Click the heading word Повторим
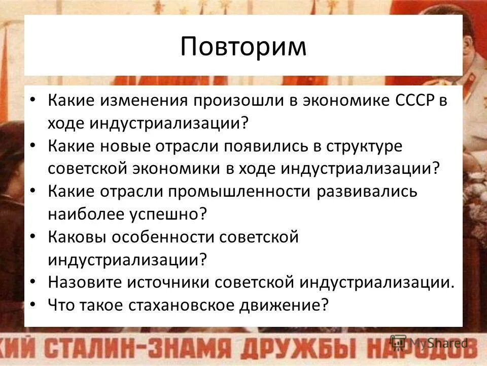click(x=243, y=47)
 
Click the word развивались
click(x=368, y=192)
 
